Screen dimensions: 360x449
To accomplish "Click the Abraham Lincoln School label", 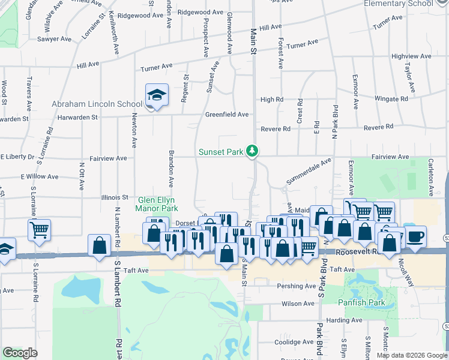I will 97,104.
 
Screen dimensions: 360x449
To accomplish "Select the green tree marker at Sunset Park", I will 253,151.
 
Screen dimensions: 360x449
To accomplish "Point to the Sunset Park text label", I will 220,152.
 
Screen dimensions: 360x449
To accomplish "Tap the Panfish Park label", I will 361,302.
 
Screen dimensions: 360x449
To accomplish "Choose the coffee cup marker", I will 415,236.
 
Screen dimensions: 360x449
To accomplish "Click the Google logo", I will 20,353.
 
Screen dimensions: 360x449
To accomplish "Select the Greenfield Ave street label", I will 227,114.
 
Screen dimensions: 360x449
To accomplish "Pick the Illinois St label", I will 117,197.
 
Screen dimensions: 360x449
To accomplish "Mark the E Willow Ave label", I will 39,177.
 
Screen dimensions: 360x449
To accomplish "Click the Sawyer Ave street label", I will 56,39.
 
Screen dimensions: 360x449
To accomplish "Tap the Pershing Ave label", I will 296,286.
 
